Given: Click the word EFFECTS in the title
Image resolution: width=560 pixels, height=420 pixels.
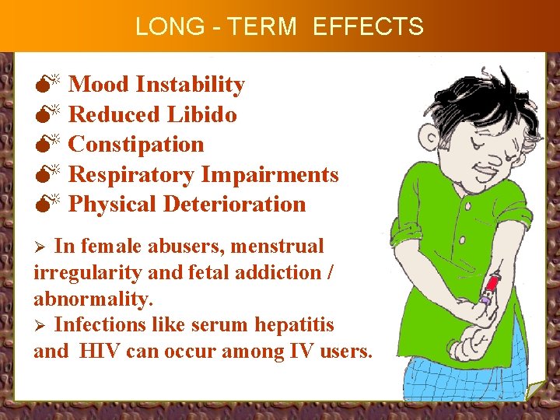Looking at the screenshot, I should [x=368, y=26].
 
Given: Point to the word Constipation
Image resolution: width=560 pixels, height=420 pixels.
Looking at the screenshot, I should [x=136, y=144].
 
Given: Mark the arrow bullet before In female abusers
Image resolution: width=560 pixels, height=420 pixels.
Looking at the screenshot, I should [x=43, y=247].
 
